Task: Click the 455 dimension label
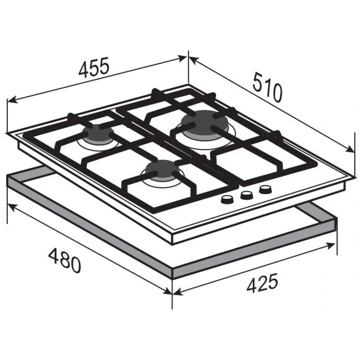click(x=94, y=67)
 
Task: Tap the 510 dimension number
click(x=267, y=87)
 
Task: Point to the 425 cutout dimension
click(x=262, y=283)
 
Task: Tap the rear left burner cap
click(x=98, y=134)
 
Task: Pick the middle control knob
click(x=246, y=195)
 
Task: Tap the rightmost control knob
click(x=266, y=190)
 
